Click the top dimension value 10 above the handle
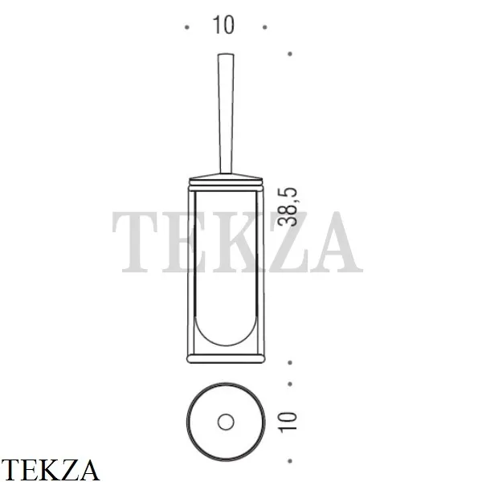coord(224,25)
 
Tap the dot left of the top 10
coord(187,27)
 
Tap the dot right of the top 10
coord(263,27)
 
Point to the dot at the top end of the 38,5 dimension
coord(289,54)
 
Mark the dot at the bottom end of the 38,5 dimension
coord(289,362)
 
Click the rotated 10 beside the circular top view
coord(290,419)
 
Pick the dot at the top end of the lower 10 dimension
coord(289,383)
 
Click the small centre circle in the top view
coord(225,422)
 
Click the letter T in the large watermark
coord(138,241)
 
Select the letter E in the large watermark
coord(187,241)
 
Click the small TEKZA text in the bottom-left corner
coord(50,469)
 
